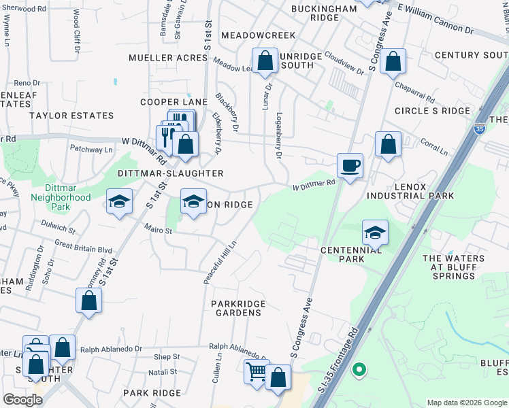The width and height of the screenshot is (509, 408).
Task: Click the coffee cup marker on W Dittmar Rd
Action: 350,165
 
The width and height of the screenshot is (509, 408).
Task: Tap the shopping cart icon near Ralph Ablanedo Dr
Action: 257,371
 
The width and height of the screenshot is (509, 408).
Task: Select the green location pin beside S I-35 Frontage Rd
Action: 359,371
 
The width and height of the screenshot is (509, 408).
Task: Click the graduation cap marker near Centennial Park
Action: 375,233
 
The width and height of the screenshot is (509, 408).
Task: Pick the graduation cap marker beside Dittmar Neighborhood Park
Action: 119,201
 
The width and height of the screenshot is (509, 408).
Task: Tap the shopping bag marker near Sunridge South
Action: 265,60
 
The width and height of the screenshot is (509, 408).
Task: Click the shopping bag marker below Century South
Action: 393,61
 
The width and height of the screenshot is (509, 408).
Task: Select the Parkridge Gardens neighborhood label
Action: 236,308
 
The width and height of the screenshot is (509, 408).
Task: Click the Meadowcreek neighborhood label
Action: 259,35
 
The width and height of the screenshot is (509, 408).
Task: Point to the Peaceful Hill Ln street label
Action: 220,262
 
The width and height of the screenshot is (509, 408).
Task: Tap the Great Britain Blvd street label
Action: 83,249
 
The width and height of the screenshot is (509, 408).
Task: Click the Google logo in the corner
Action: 22,400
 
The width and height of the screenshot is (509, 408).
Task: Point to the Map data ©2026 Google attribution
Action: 466,403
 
